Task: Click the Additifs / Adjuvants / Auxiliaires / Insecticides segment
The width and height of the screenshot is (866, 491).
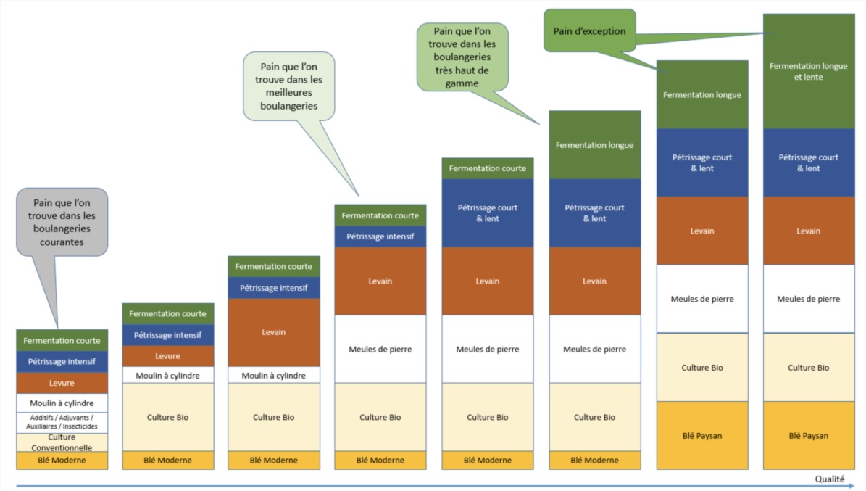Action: click(x=62, y=422)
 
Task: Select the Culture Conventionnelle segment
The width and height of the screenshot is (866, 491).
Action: click(x=62, y=442)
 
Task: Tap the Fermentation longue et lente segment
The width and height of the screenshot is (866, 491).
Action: click(x=808, y=71)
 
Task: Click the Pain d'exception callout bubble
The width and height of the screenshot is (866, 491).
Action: click(x=589, y=30)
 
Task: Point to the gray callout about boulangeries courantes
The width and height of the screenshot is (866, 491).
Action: click(x=62, y=221)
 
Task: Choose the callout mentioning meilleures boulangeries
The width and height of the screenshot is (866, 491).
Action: click(x=288, y=86)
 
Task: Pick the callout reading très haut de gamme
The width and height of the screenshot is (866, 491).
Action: click(x=462, y=57)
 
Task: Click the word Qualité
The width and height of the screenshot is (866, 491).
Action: click(x=829, y=479)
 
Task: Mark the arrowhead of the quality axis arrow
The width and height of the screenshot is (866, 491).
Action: click(x=853, y=485)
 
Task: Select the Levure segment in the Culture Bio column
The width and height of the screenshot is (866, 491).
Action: click(x=167, y=356)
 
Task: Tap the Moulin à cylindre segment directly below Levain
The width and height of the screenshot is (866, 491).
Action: click(x=273, y=375)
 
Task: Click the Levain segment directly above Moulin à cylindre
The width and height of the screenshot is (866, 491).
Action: click(x=273, y=332)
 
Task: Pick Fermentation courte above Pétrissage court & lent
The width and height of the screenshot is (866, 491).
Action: click(x=487, y=168)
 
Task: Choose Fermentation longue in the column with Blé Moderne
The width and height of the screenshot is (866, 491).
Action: click(x=594, y=145)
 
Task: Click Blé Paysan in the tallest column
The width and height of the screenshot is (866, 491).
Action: click(x=808, y=435)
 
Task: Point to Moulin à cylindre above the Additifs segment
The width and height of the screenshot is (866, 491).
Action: click(x=62, y=403)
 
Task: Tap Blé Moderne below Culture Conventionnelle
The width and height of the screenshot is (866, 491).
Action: click(x=62, y=460)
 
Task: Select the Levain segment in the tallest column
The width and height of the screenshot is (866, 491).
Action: click(x=808, y=231)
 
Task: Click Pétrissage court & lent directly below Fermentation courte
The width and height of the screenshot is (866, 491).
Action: click(x=487, y=213)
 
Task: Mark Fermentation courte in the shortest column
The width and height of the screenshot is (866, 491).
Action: click(x=62, y=340)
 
